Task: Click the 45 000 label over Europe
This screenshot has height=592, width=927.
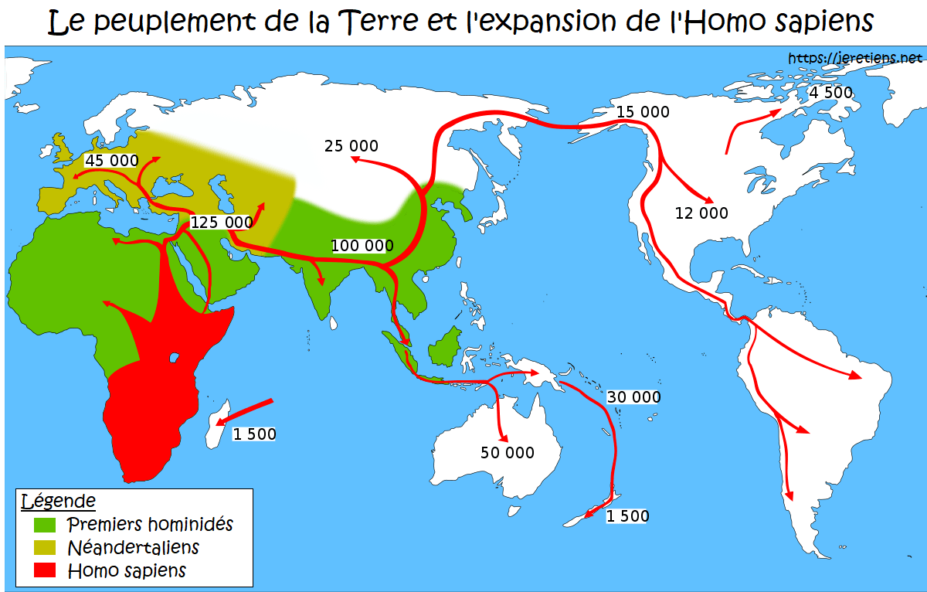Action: [111, 161]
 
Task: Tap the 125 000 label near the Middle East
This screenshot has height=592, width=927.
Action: [221, 222]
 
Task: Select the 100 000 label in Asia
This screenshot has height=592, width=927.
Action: [362, 246]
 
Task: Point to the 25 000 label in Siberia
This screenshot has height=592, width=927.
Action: [351, 145]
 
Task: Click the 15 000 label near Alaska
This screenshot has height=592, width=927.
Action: [643, 112]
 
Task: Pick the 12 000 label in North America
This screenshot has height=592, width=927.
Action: [701, 213]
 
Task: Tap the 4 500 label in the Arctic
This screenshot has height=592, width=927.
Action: [830, 93]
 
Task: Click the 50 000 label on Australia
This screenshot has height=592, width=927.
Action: [508, 453]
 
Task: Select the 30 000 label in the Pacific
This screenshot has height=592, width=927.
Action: [634, 397]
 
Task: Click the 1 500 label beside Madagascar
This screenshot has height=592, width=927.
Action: [254, 434]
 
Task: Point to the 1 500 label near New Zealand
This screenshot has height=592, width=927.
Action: [628, 516]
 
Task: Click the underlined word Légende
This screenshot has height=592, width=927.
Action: [58, 501]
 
